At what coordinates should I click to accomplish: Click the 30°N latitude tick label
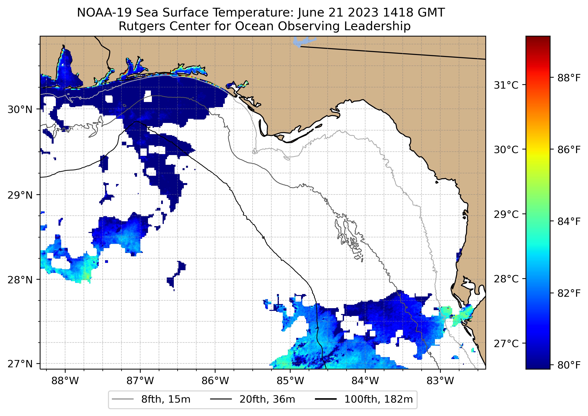(20, 109)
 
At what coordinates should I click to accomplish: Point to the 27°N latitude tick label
(20, 364)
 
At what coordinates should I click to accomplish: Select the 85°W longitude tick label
(290, 381)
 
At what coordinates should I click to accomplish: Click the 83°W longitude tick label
(440, 381)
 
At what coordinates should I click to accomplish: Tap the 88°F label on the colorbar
(569, 78)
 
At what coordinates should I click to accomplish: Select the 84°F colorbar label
(569, 221)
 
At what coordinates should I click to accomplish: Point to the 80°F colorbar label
(569, 365)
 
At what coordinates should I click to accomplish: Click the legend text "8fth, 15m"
(166, 399)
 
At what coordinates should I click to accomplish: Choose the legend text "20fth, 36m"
(267, 399)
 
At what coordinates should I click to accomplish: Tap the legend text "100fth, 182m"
(378, 399)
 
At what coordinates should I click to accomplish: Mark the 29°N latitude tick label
(20, 195)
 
